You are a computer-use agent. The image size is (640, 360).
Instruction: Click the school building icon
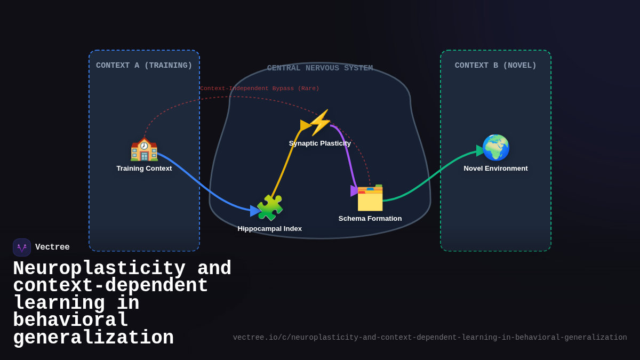144,149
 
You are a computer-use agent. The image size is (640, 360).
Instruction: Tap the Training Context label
144,169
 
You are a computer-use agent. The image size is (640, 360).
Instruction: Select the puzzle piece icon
270,208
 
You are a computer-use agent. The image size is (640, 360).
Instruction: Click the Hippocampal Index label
269,229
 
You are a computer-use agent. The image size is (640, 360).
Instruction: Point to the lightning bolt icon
320,123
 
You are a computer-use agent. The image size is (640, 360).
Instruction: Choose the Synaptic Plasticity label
320,143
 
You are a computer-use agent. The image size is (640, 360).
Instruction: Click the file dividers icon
370,198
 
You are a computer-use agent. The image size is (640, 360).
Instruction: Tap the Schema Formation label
370,219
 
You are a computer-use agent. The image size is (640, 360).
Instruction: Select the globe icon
495,148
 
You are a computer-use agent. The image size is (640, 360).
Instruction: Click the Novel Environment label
495,169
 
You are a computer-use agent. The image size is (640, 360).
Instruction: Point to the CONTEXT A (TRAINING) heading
144,66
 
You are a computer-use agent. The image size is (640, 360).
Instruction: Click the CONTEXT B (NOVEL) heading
495,66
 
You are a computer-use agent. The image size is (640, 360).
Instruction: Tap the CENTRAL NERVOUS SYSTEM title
320,68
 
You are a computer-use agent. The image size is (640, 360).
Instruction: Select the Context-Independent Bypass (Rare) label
259,89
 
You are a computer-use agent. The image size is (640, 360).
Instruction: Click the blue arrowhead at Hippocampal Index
255,211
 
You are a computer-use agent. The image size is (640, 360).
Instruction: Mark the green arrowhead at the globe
481,150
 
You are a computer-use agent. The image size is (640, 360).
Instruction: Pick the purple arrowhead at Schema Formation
355,190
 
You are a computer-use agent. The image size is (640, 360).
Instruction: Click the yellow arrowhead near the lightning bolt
305,125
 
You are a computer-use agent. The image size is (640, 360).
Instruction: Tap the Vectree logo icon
22,247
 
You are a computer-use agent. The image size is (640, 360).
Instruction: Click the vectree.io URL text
429,338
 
